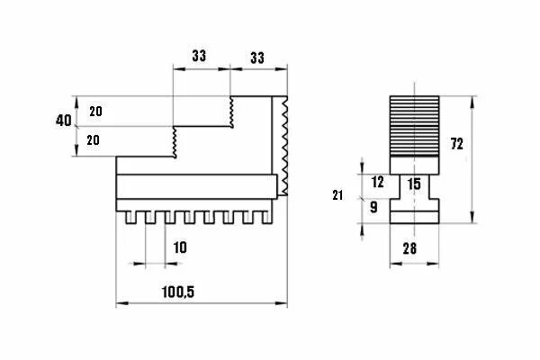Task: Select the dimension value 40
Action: (63, 121)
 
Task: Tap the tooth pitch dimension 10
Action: (180, 247)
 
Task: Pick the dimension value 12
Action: (377, 182)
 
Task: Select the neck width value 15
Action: (414, 184)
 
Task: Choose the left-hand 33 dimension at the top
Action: (199, 55)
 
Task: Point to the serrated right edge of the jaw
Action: (284, 144)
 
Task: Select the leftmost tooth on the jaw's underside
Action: (131, 219)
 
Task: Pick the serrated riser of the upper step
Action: (232, 112)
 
